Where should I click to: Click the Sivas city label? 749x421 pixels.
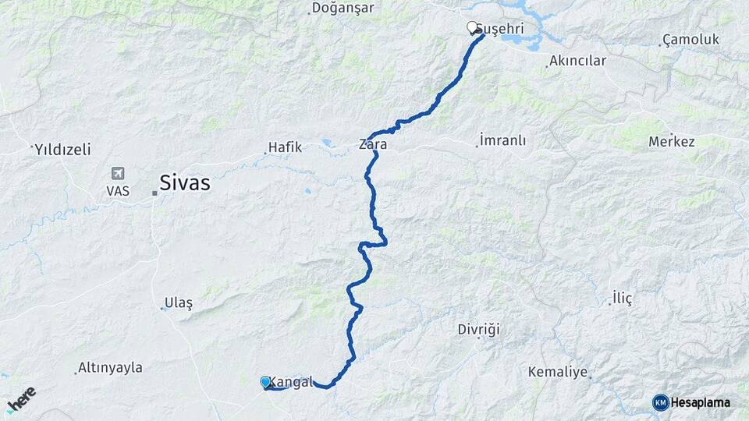click(x=185, y=183)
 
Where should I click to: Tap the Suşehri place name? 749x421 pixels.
click(x=499, y=29)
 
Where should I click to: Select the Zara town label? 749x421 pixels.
click(x=372, y=144)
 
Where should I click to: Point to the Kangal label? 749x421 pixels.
click(x=291, y=382)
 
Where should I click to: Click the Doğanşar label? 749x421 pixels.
click(x=343, y=8)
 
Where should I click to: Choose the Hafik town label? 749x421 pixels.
click(x=284, y=147)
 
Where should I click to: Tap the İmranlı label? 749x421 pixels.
click(x=503, y=141)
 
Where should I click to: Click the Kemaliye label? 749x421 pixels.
click(x=557, y=372)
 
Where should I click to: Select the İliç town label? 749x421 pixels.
click(x=622, y=298)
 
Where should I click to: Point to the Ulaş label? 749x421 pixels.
click(x=178, y=302)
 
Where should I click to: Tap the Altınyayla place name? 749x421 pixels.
click(x=110, y=368)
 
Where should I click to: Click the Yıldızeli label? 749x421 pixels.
click(x=62, y=149)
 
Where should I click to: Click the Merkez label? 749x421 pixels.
click(x=671, y=141)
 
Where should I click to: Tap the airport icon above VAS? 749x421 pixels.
click(x=118, y=173)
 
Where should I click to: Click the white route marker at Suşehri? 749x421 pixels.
click(x=472, y=27)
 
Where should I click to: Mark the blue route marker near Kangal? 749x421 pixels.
click(x=265, y=381)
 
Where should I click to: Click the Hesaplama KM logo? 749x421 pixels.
click(x=691, y=402)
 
